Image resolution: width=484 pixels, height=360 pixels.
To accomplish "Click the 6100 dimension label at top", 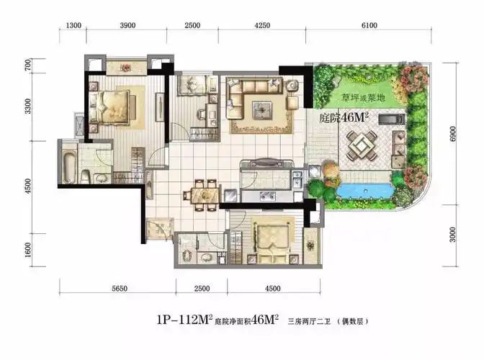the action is [369, 25].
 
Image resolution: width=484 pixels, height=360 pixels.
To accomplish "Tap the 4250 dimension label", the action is [262, 25].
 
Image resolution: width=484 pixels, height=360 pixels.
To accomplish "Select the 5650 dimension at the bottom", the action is [120, 289].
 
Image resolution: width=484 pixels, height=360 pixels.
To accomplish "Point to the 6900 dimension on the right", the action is [452, 134].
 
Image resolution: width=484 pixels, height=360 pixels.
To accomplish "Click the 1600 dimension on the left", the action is [28, 250].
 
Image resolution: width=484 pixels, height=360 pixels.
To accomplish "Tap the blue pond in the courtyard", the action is [364, 189].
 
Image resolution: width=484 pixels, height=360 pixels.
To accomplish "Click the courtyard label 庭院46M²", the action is [344, 117].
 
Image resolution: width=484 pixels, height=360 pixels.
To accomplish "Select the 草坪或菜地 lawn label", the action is [363, 98].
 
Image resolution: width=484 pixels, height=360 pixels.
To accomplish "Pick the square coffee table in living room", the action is [262, 110].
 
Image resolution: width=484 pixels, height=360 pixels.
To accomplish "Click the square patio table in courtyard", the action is [361, 145].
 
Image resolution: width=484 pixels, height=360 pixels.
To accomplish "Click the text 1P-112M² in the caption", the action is [184, 320].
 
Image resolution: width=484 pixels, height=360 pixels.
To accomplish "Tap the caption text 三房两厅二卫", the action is [309, 321].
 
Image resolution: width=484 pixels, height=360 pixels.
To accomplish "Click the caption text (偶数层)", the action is [352, 321].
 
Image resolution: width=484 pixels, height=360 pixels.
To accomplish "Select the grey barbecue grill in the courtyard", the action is [392, 119].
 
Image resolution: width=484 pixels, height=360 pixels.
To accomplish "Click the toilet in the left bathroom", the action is [85, 176].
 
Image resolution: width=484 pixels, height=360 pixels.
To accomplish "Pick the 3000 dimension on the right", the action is [452, 235].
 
